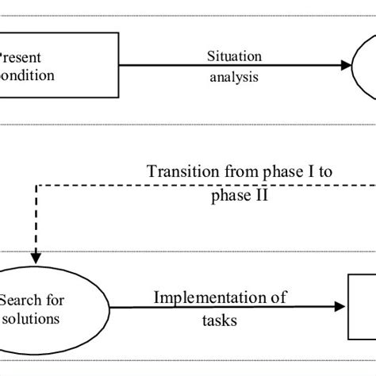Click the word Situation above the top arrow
(x=233, y=56)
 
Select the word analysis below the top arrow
(x=233, y=78)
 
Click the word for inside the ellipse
(x=56, y=301)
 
